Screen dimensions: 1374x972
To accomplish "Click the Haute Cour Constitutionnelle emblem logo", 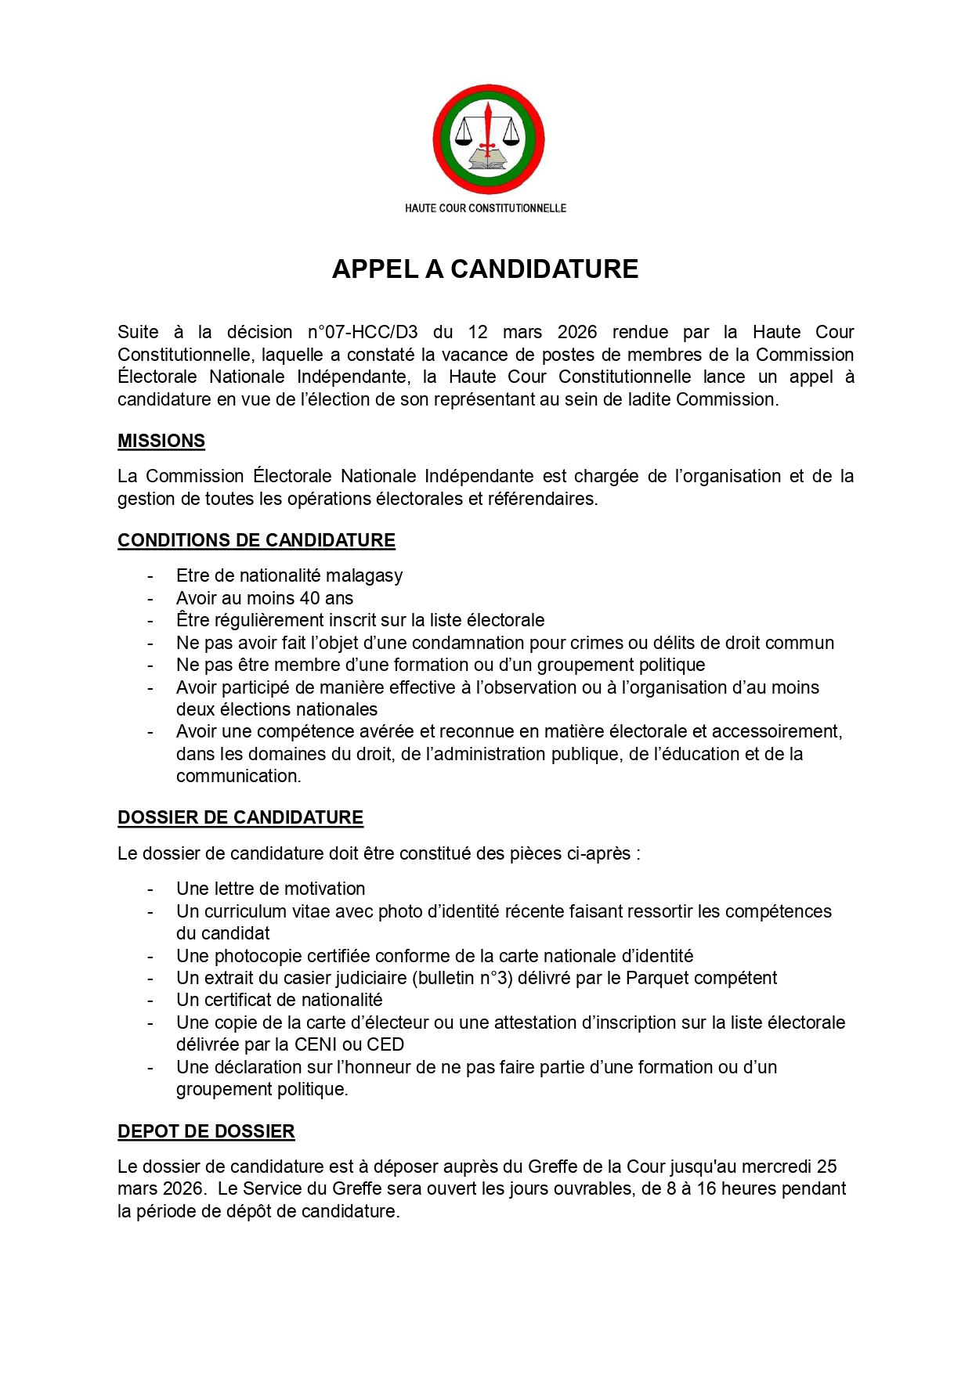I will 488,139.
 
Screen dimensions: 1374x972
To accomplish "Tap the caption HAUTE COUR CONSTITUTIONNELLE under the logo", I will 486,208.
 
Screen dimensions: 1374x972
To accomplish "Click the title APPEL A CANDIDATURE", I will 485,269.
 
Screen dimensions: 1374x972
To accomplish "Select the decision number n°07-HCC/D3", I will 363,332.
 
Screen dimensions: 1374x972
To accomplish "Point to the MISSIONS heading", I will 161,441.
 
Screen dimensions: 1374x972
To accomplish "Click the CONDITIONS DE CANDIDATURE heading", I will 256,540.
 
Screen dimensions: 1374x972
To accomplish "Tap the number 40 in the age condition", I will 310,598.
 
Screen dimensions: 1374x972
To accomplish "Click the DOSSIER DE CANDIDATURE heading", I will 240,817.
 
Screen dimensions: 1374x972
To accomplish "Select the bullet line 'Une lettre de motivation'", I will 270,889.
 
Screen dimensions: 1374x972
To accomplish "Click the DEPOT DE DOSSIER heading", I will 206,1131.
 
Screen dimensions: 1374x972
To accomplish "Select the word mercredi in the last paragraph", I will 775,1167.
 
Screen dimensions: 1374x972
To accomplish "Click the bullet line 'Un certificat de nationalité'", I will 279,1000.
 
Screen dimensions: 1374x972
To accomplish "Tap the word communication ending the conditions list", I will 237,776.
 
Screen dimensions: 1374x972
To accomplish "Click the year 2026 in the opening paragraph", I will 577,332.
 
